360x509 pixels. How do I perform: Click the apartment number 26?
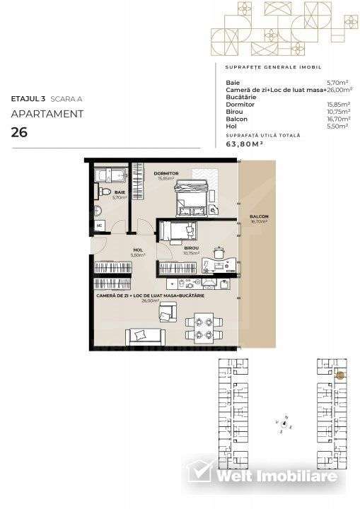tap(19, 131)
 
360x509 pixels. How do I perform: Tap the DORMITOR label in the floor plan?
tap(166, 172)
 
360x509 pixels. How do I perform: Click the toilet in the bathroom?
tap(103, 192)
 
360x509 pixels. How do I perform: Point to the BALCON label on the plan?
tap(257, 217)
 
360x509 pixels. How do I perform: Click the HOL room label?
tap(138, 250)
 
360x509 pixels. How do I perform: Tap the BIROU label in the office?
tap(192, 248)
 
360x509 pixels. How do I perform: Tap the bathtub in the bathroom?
tap(110, 174)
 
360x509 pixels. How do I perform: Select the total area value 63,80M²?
tap(244, 143)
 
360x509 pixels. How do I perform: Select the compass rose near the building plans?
tap(284, 424)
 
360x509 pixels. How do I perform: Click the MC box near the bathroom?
tap(100, 226)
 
